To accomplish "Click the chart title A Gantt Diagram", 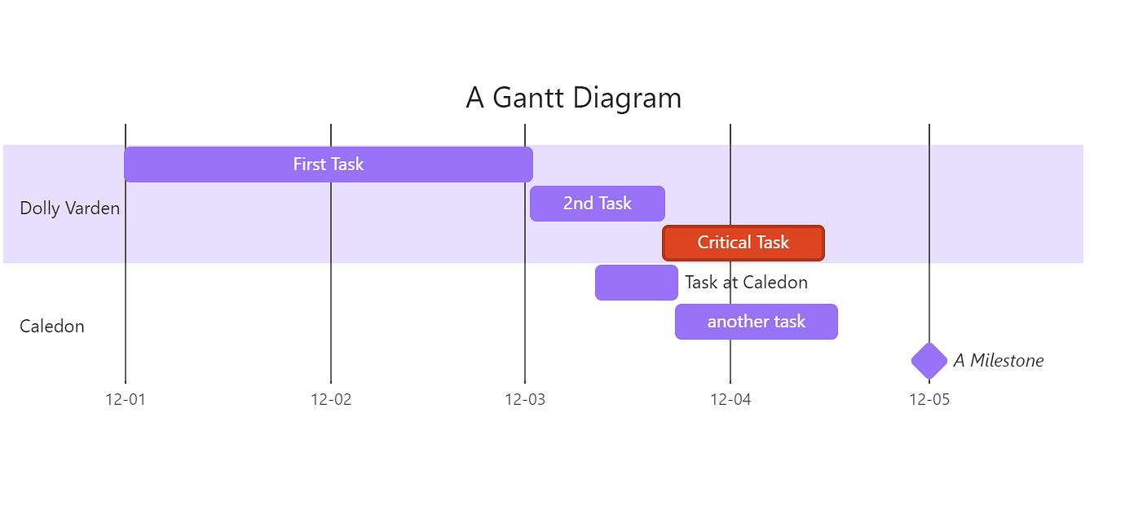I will (573, 99).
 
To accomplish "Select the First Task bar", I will (328, 165).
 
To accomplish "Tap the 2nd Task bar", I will (598, 204).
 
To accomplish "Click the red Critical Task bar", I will (743, 243).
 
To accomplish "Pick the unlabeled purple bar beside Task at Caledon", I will (636, 283).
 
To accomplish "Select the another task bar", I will (756, 322).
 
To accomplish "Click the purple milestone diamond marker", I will (929, 361).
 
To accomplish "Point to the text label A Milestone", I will (999, 361).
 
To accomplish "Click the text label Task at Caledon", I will (746, 283).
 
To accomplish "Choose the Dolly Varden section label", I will (69, 209).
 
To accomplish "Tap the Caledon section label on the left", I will (52, 327).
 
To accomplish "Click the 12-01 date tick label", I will (126, 400).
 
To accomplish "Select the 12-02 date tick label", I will (331, 400).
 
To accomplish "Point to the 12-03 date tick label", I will (525, 400).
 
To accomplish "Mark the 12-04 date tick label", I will (730, 400).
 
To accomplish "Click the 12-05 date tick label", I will (929, 400).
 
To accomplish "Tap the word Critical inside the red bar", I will (723, 243).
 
